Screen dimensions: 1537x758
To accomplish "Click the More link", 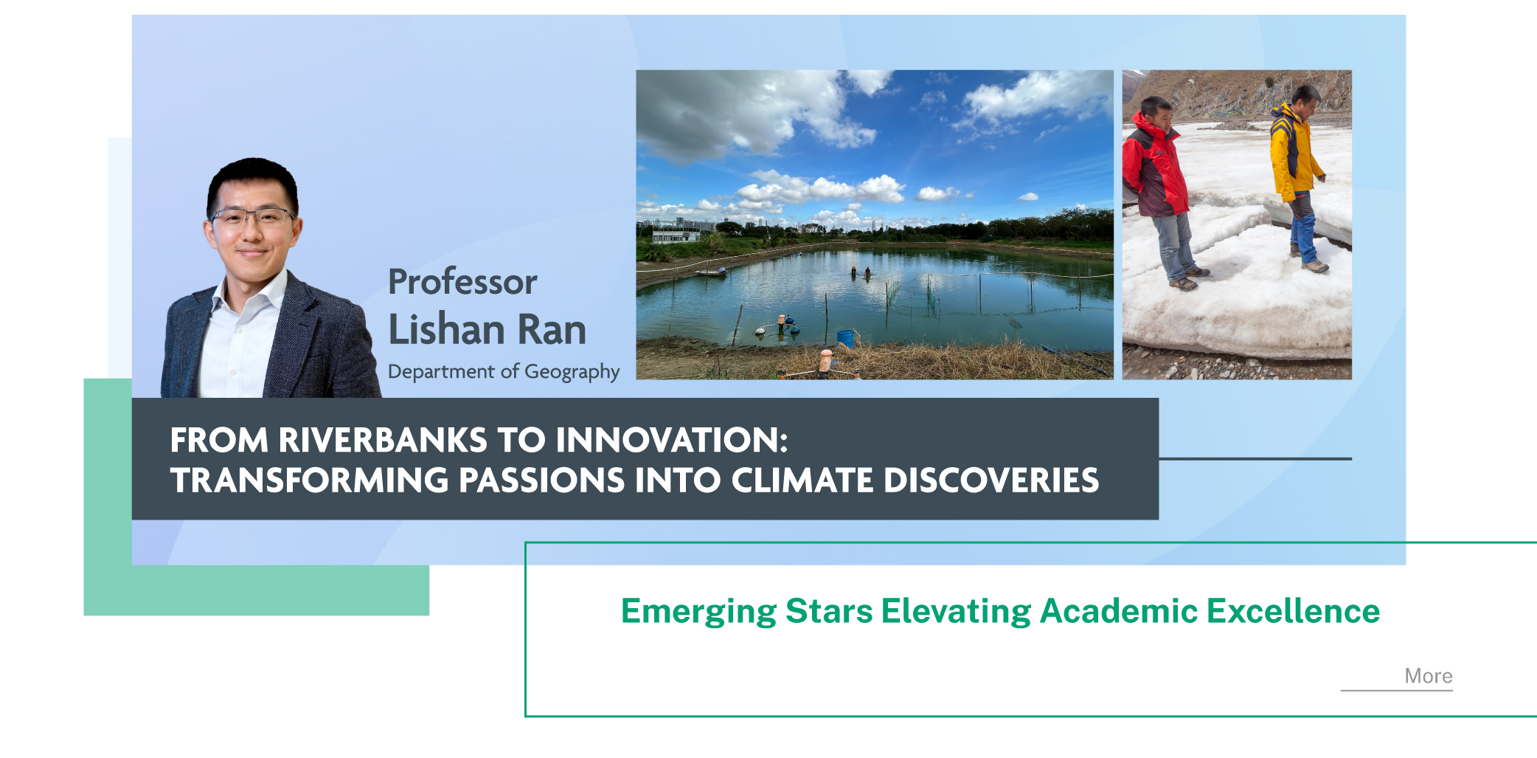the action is tap(1428, 676).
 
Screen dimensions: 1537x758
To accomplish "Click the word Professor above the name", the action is tap(462, 282).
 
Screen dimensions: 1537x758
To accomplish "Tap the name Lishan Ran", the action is tap(487, 329).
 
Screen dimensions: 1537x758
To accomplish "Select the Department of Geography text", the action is tap(504, 371).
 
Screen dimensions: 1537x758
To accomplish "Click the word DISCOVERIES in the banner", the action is tap(991, 480).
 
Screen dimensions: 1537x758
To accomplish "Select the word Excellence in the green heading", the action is tap(1293, 611).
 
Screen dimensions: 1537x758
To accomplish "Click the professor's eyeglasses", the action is tap(252, 217).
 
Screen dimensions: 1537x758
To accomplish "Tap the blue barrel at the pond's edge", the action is tap(845, 338).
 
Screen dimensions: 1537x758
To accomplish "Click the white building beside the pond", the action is tap(676, 236).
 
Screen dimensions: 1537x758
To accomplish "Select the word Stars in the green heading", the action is tap(829, 611).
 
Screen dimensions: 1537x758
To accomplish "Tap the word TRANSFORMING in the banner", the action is tap(310, 480).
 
